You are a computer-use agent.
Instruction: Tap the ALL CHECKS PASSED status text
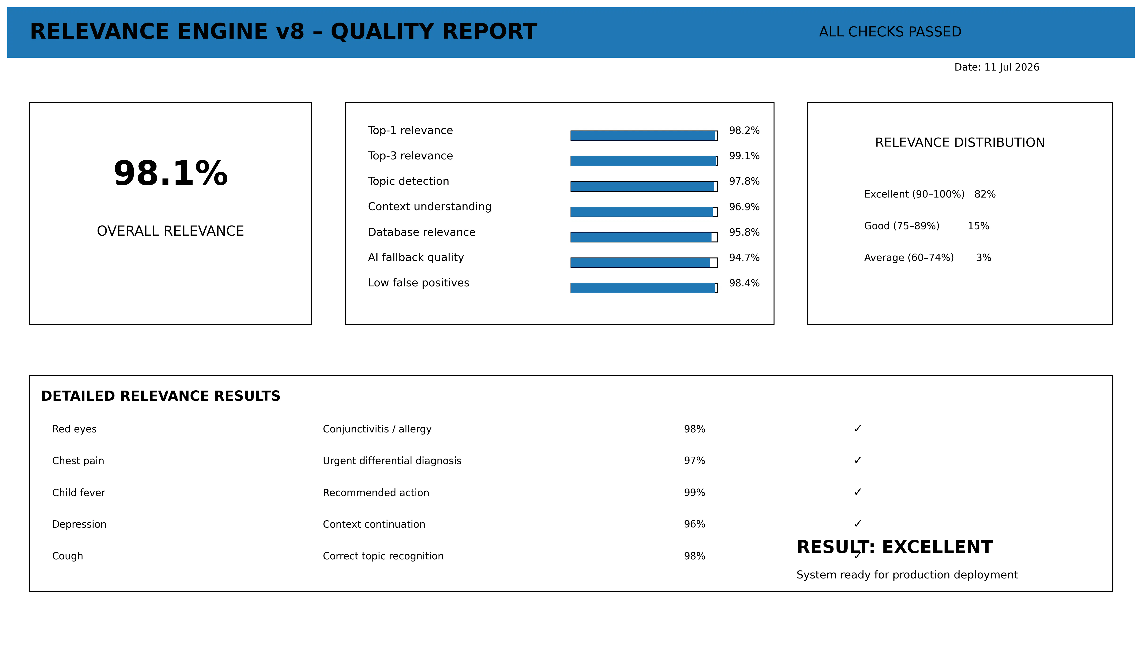(x=890, y=32)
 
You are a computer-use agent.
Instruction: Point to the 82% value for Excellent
(x=985, y=194)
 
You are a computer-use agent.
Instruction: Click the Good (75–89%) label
(x=901, y=226)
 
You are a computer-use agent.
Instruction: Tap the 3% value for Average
(x=983, y=258)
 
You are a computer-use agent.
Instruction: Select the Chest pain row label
(x=78, y=461)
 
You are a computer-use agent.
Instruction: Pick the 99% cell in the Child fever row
(x=694, y=493)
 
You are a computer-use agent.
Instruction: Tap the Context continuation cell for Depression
(x=374, y=524)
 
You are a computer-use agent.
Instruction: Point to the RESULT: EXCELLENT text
(x=894, y=547)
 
